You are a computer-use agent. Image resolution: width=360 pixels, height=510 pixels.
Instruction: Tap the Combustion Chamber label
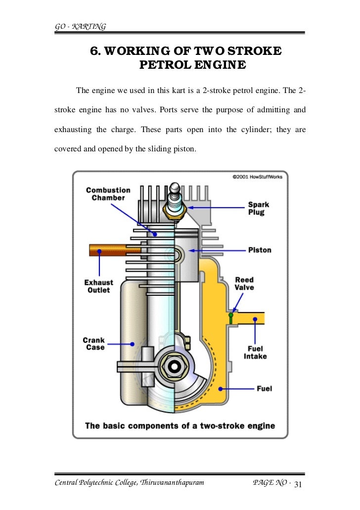[x=108, y=194]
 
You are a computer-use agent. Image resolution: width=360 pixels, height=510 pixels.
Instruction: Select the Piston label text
[x=259, y=250]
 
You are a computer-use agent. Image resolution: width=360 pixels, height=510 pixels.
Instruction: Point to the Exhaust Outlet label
[x=98, y=286]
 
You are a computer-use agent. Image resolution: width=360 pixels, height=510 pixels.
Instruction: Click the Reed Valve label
[x=244, y=283]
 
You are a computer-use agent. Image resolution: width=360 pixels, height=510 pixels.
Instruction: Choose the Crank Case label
[x=93, y=343]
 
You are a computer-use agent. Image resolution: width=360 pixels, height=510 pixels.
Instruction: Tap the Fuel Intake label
[x=255, y=352]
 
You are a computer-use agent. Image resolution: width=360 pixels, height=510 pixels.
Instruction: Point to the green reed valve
[x=230, y=316]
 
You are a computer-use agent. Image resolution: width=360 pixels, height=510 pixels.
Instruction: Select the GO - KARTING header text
[x=79, y=26]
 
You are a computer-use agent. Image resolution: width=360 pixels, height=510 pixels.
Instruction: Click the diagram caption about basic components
[x=180, y=425]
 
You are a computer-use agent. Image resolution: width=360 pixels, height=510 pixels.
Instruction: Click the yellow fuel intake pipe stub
[x=252, y=317]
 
